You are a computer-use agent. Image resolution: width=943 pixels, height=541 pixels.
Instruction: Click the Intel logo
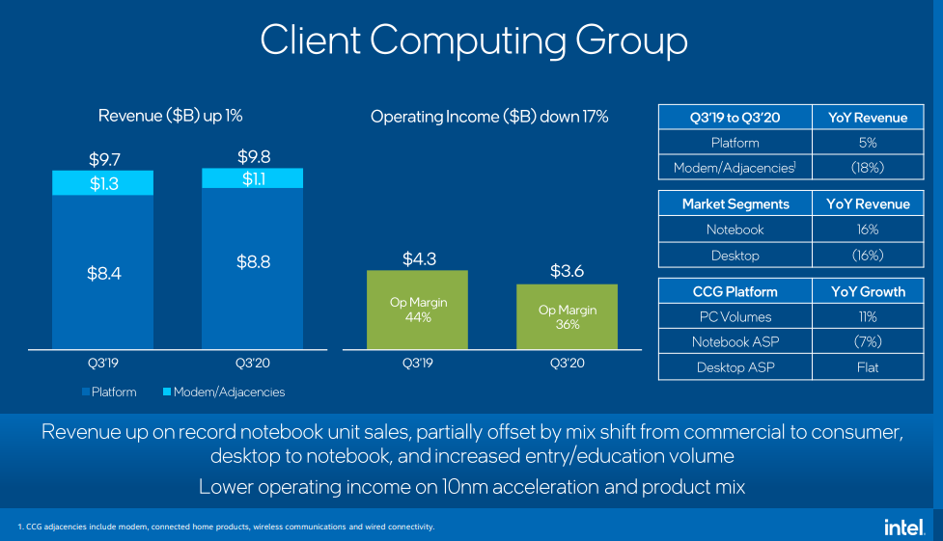click(904, 527)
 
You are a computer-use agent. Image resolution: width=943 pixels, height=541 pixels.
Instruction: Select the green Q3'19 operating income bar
click(417, 310)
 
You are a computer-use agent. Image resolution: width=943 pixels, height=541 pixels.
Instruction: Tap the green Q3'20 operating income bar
click(568, 316)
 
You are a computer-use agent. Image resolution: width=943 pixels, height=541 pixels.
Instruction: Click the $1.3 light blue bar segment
click(103, 182)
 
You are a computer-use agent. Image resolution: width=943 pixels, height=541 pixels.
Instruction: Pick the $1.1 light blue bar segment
click(253, 178)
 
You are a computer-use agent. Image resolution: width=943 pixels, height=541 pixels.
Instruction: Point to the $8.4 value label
click(104, 274)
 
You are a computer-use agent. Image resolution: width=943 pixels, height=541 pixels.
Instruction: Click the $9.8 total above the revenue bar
click(254, 157)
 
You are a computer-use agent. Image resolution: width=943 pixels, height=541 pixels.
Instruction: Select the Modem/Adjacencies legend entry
click(224, 392)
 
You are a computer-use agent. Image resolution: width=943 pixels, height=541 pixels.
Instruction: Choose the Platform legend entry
click(109, 392)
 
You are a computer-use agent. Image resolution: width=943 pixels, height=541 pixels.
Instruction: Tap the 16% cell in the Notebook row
click(868, 230)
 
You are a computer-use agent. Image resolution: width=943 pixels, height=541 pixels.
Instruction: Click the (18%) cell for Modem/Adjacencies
click(868, 168)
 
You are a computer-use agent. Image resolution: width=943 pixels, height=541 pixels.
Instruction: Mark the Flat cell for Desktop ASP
click(868, 367)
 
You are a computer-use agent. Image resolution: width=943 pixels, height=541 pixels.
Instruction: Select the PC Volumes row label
click(735, 316)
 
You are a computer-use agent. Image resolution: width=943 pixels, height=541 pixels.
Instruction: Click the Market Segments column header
click(735, 203)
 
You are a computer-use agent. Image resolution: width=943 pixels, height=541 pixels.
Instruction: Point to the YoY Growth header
click(868, 291)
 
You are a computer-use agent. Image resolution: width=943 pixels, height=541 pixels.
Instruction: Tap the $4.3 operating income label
click(419, 259)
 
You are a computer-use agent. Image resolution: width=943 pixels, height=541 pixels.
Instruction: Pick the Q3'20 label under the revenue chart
click(253, 363)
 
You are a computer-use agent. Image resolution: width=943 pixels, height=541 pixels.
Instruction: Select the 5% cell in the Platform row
click(868, 143)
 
